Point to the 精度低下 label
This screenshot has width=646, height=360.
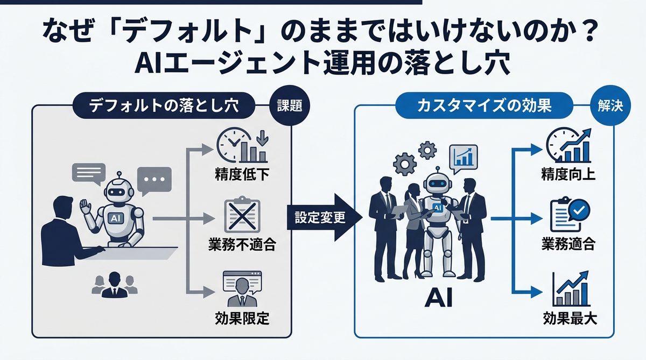tap(241, 175)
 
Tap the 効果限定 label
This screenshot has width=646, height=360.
tap(241, 317)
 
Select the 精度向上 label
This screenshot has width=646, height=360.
tap(568, 174)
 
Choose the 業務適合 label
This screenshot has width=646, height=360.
tap(568, 245)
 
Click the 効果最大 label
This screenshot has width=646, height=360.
tap(568, 317)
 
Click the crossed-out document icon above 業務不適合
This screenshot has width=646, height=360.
tap(241, 216)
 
